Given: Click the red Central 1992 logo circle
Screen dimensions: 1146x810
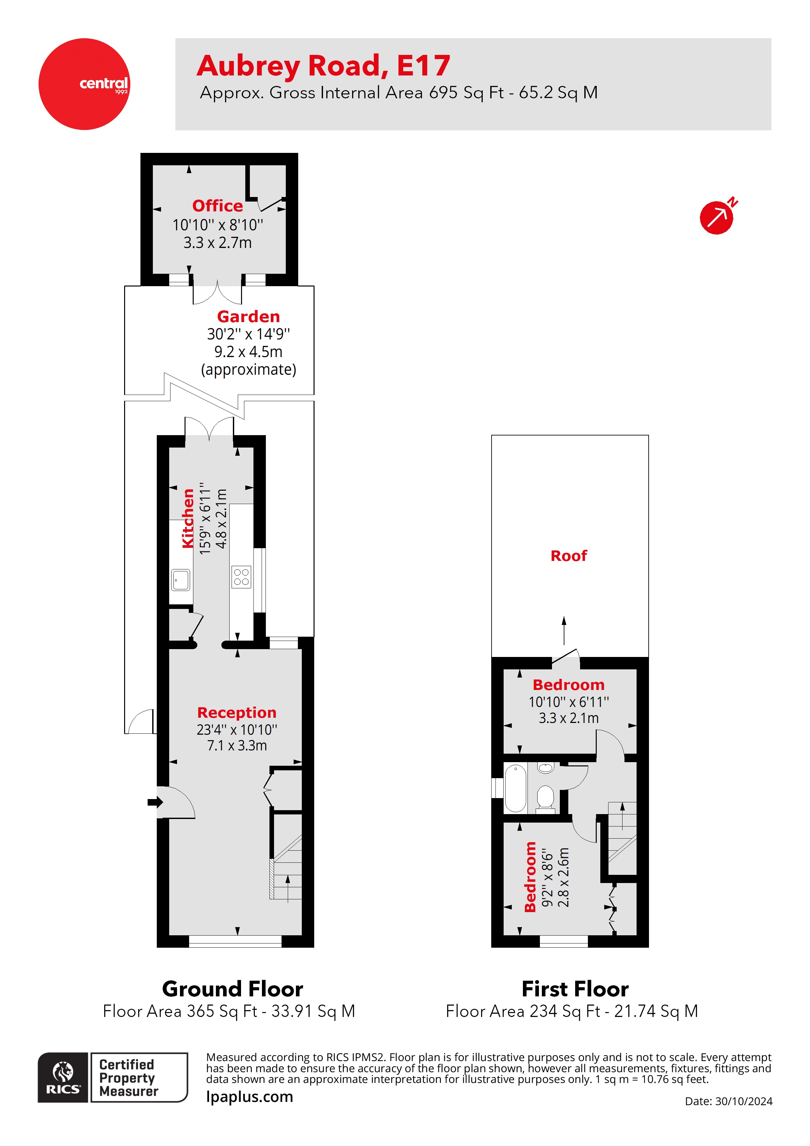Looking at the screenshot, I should click(84, 84).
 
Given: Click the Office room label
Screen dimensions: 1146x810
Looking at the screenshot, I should click(217, 205).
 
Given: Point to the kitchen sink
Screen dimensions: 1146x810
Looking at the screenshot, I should click(180, 580).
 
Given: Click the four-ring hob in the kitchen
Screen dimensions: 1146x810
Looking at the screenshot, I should click(242, 577).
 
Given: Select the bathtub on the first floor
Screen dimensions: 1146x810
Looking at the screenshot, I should click(515, 788).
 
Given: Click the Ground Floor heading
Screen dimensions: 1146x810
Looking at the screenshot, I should click(233, 989).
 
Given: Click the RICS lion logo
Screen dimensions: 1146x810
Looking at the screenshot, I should click(63, 1077).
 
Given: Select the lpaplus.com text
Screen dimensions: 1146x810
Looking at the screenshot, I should click(250, 1097).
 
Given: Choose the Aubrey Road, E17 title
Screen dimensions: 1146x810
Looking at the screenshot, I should click(323, 66).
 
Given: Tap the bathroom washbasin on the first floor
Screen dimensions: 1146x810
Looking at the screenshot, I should click(546, 768).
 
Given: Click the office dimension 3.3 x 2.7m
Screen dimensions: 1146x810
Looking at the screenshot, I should click(217, 243).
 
